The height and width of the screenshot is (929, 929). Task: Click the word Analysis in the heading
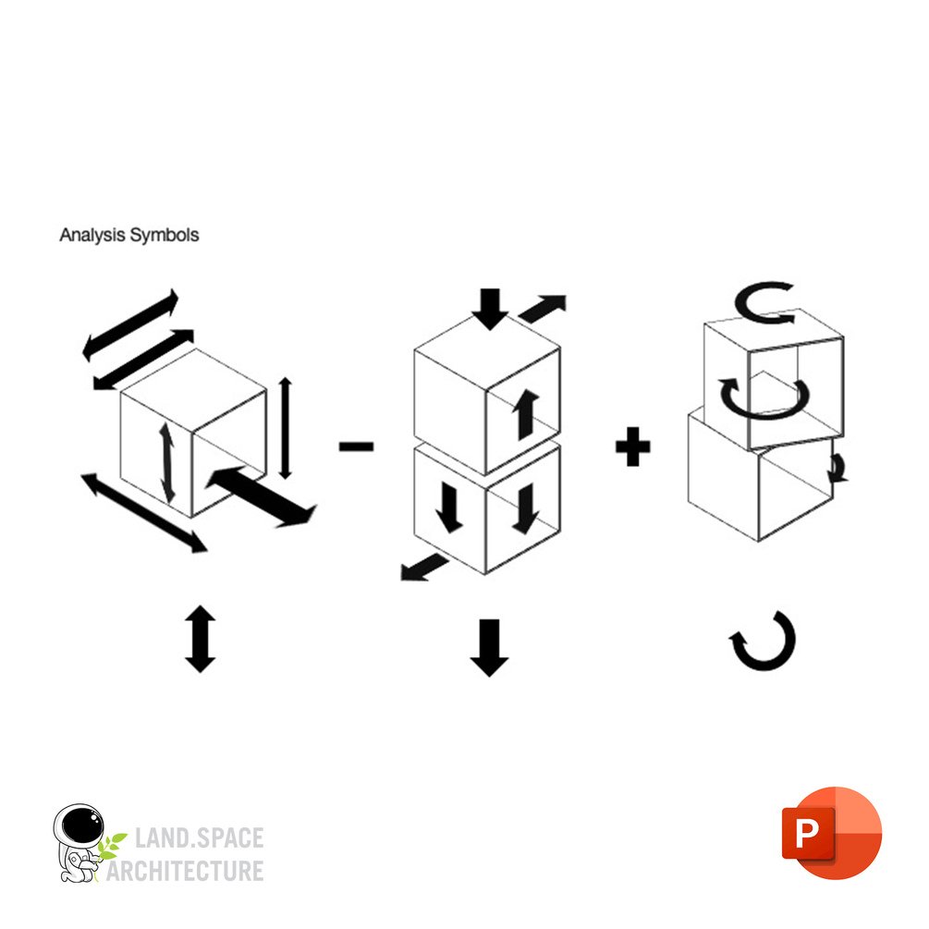tap(92, 235)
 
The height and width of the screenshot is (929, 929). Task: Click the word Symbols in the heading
tap(165, 235)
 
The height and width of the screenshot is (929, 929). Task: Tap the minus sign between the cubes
tap(356, 446)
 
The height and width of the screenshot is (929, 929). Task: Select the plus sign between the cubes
tap(633, 446)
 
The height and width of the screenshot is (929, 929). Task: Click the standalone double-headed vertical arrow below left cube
tap(201, 639)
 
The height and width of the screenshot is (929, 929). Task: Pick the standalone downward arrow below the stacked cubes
tap(489, 648)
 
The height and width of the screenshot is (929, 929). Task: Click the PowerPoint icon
tap(832, 833)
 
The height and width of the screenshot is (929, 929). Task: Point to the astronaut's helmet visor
tap(82, 825)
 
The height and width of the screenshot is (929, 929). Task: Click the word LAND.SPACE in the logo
tap(199, 837)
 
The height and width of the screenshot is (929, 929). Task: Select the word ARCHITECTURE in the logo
tap(185, 871)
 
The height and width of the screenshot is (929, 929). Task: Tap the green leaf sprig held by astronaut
tap(111, 846)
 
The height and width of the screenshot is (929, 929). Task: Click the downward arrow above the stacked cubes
tap(490, 309)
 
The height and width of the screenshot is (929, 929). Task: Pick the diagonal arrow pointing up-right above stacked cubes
tap(543, 308)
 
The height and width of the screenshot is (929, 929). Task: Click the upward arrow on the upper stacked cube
tap(526, 415)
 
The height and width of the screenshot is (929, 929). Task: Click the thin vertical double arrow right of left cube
tap(286, 428)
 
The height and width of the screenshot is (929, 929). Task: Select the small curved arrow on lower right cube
tap(837, 468)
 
